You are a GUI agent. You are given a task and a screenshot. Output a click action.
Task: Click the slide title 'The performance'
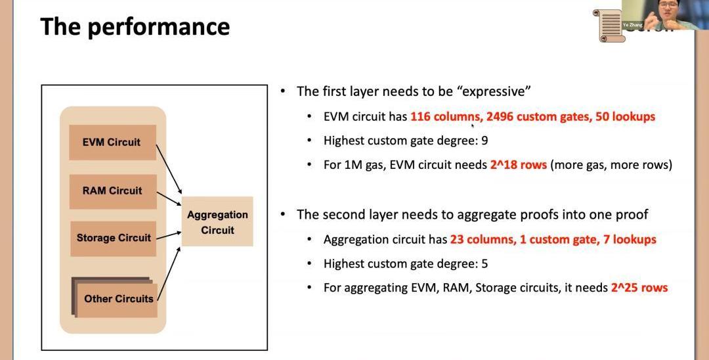(x=135, y=27)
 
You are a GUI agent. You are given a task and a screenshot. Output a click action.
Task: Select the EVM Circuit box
(x=112, y=142)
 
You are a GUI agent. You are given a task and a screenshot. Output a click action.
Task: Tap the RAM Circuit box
(x=112, y=191)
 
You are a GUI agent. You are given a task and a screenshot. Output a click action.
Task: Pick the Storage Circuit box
(x=113, y=238)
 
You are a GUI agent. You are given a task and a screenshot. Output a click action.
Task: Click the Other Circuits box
(x=118, y=299)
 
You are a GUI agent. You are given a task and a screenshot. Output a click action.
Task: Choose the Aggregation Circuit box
(x=217, y=222)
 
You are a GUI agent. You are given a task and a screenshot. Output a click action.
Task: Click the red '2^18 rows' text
(x=518, y=165)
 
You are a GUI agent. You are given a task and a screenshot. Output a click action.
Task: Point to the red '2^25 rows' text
(x=639, y=288)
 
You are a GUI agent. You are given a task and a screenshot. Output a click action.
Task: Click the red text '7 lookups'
(x=630, y=240)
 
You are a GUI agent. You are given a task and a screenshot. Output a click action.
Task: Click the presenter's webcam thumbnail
(x=657, y=14)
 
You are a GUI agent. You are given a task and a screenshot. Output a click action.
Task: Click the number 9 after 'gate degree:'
(x=484, y=141)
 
